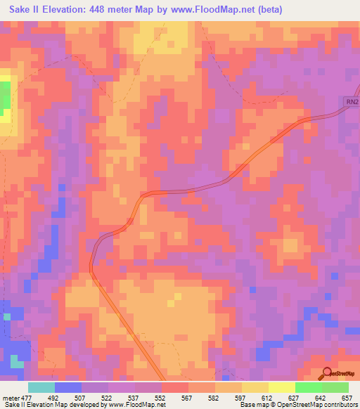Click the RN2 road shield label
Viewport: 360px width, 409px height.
click(352, 103)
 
